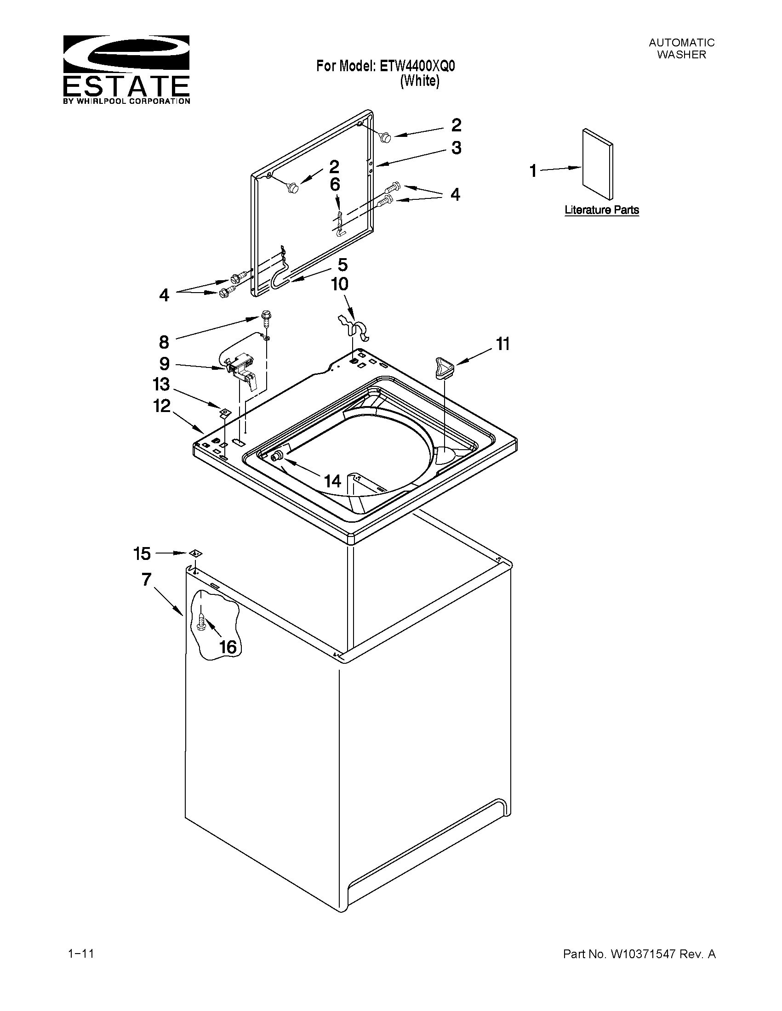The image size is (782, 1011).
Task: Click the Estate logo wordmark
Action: pos(126,86)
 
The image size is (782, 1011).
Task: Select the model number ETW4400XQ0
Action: pos(417,66)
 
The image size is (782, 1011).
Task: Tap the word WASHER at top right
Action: pos(681,55)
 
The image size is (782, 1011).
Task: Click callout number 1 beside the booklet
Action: pos(533,171)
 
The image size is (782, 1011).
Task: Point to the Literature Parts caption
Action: pos(601,210)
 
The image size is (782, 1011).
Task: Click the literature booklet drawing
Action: pos(598,164)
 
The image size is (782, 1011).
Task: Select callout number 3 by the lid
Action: pos(457,148)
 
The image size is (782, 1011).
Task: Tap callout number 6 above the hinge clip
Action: pos(335,185)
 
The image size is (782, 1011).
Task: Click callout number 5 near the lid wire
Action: pos(342,265)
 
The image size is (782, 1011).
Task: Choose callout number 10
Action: pos(340,284)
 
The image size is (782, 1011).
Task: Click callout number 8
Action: pos(164,342)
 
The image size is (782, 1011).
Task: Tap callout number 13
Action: pos(161,384)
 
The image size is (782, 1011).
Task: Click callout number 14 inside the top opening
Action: pos(333,481)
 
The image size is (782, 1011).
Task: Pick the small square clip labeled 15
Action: pos(195,553)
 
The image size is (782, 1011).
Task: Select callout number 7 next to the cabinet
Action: pos(146,579)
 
